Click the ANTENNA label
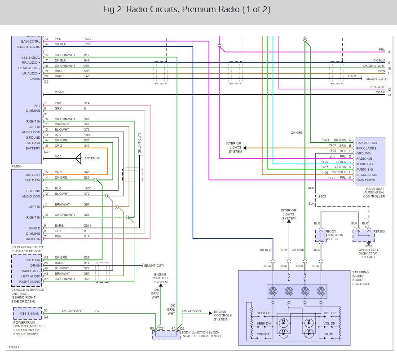coord(93,158)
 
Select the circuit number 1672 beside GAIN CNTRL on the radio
coord(87,39)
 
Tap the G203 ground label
coord(368,246)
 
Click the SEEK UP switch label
coord(263,313)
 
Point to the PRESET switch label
coord(263,334)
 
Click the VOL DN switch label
coord(329,323)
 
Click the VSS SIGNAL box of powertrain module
coord(26,313)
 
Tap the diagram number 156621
coord(14,347)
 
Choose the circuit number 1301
coord(326,140)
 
